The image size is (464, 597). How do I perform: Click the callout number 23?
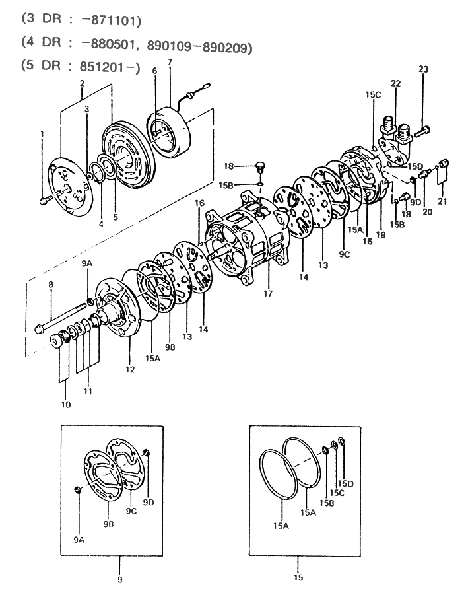(423, 69)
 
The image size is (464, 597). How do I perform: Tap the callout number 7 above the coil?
(170, 62)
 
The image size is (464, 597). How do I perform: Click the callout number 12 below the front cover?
(130, 370)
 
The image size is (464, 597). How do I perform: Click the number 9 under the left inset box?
(119, 580)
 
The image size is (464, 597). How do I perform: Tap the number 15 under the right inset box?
(299, 579)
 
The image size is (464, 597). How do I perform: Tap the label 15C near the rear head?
(374, 95)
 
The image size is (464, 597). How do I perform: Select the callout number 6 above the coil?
(155, 71)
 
